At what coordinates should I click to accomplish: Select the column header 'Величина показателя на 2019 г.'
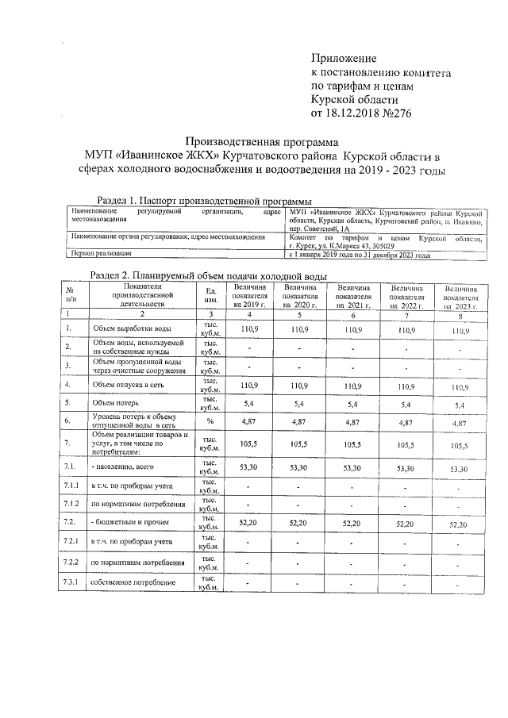251,294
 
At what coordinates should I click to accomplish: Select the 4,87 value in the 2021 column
352,423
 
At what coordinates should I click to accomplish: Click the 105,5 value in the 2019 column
251,445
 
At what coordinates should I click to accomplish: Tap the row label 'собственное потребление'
133,584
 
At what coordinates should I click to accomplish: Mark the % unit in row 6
211,422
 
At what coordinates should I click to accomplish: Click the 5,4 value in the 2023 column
460,405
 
